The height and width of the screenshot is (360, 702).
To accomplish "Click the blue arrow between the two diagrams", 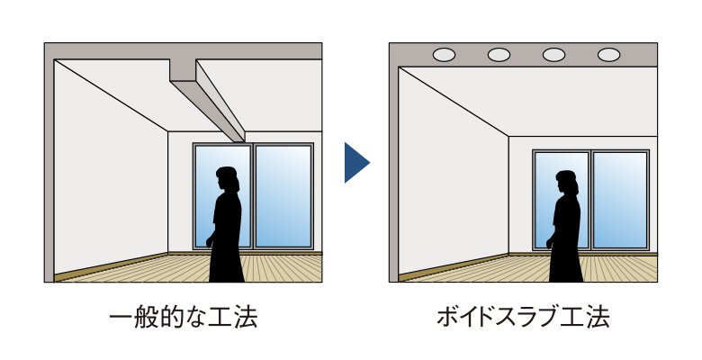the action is [355, 163].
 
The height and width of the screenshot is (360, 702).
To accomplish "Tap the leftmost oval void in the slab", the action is [444, 55].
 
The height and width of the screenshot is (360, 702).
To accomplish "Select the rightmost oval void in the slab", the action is [609, 55].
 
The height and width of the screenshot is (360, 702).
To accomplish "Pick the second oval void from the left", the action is [499, 55].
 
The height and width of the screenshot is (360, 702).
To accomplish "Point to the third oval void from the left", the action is [553, 55].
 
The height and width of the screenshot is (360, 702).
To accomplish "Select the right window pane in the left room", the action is [283, 195].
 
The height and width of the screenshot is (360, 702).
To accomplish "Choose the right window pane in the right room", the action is [620, 200].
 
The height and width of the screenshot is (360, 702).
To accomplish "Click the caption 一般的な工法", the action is [183, 318].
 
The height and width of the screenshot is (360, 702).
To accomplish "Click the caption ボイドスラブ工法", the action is [523, 318].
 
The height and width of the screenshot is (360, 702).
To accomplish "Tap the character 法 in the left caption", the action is [246, 318].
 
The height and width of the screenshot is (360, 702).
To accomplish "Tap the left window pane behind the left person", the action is [223, 195].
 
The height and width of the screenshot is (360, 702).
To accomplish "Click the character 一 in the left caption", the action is [121, 318].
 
